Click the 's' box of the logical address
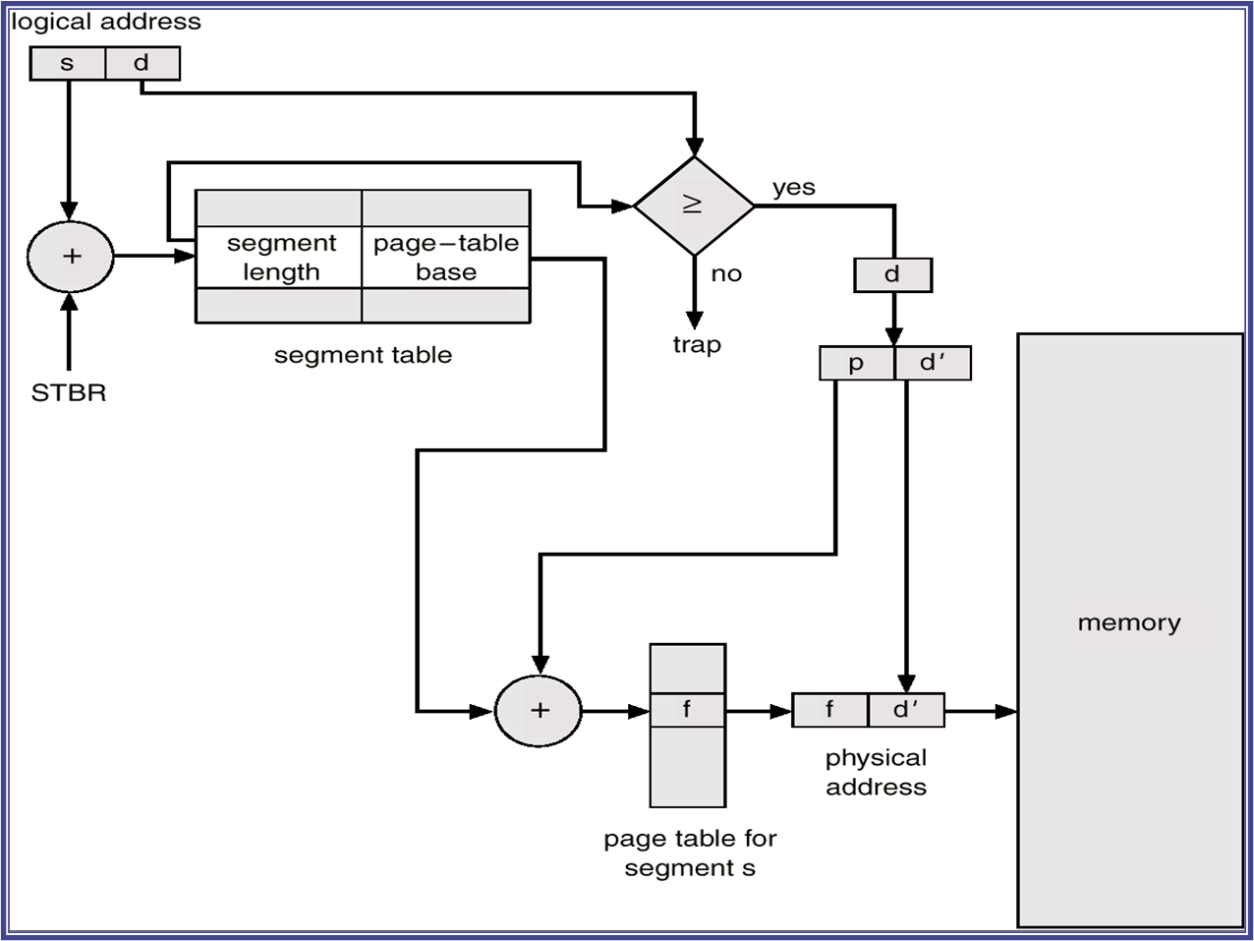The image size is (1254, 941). (67, 64)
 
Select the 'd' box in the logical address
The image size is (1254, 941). (142, 64)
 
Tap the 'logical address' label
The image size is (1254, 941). (106, 22)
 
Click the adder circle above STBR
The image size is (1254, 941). (71, 257)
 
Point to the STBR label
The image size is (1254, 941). (69, 393)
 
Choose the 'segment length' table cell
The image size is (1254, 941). (280, 258)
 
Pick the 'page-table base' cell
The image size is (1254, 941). (446, 258)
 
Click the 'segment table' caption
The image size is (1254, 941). (363, 355)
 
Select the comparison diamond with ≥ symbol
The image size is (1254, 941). (694, 206)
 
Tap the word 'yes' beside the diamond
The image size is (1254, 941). (794, 188)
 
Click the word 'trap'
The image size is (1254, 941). (697, 345)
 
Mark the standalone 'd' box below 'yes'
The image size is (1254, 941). (892, 275)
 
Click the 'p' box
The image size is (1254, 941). (857, 363)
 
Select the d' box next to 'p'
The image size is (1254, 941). (933, 363)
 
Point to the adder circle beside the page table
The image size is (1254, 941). (539, 711)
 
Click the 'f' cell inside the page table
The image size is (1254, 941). (687, 710)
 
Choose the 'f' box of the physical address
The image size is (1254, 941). (830, 710)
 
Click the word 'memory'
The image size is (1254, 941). (1129, 623)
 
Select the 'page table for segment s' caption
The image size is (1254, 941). (690, 853)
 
